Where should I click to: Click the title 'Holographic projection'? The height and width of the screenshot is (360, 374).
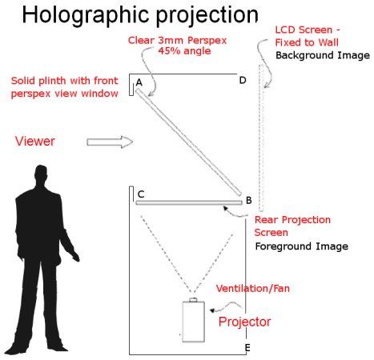(140, 16)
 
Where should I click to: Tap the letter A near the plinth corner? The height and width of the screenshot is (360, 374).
(139, 82)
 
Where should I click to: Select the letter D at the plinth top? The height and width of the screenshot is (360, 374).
(243, 80)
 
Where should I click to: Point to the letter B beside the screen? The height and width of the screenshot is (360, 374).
(248, 200)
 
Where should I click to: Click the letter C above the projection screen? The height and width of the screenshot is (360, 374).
(141, 194)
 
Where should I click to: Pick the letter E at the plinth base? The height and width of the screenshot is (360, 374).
(247, 348)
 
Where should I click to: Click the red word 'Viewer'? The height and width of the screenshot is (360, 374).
(35, 141)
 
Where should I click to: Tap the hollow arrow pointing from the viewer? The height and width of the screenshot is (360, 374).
(110, 142)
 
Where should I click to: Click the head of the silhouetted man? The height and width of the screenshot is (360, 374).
(41, 174)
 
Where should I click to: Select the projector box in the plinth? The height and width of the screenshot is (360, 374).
(194, 322)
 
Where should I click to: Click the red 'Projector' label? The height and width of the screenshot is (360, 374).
(244, 322)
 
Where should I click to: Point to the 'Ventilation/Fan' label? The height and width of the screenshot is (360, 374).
(253, 288)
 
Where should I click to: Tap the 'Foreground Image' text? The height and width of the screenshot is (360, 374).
(302, 246)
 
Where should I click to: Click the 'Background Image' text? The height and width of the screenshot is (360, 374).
(323, 55)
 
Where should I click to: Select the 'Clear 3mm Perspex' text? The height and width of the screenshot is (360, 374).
(177, 41)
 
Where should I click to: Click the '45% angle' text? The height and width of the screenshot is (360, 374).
(184, 50)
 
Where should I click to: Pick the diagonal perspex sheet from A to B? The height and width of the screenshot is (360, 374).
(189, 142)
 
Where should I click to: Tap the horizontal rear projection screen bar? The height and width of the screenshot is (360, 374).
(189, 202)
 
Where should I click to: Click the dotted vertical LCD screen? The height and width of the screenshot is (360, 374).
(261, 138)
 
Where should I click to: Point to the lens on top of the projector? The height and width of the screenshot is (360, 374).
(193, 300)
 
